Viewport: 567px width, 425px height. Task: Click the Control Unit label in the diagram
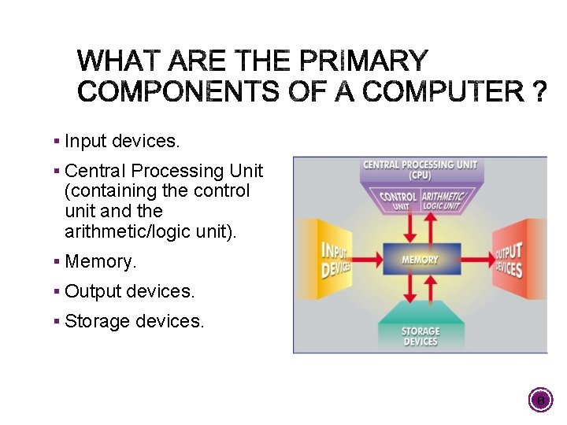pyautogui.click(x=398, y=201)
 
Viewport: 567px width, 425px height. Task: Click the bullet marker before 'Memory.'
pyautogui.click(x=57, y=261)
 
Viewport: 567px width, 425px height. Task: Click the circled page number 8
pyautogui.click(x=540, y=401)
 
